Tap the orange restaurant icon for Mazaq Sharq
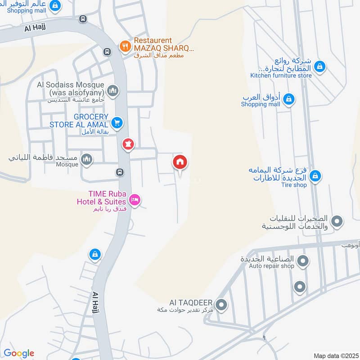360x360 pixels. click(125, 45)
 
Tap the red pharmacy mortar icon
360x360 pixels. click(128, 144)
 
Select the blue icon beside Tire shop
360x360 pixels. click(315, 175)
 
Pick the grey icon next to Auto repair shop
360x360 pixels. click(303, 260)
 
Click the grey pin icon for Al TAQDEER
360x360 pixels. click(221, 306)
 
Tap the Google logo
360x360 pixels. click(19, 353)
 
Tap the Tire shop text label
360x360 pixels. click(294, 185)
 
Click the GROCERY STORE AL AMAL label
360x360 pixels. click(79, 121)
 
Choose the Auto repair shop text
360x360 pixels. click(272, 266)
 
